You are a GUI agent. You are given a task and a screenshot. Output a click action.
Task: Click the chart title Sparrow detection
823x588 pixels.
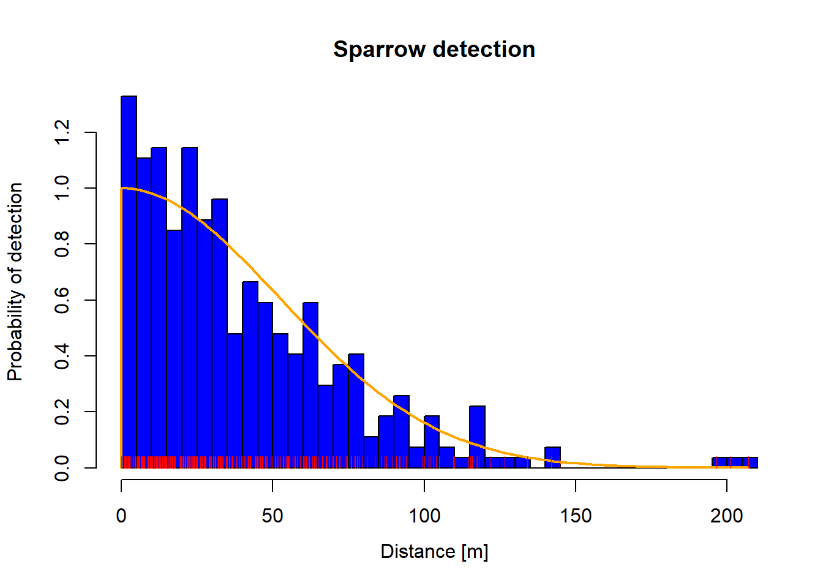point(434,50)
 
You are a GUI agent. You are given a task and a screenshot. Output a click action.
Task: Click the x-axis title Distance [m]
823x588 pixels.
point(434,551)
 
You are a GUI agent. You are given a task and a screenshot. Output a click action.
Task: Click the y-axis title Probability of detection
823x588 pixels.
point(15,282)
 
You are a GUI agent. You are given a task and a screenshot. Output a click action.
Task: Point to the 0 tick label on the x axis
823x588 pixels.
point(121,516)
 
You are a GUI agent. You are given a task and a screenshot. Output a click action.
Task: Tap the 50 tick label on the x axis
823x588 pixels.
point(272,516)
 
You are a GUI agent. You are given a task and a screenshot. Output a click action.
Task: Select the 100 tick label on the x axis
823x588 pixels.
point(424,516)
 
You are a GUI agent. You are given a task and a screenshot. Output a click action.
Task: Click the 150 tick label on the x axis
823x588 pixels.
point(576,516)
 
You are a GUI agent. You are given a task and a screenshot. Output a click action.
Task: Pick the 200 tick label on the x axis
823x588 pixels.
point(727,516)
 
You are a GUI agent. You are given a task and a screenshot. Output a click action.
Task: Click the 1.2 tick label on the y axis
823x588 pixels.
point(62,132)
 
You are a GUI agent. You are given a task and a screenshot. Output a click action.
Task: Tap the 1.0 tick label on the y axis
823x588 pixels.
point(62,188)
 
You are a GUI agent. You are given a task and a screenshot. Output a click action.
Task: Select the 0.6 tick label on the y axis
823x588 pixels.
point(62,300)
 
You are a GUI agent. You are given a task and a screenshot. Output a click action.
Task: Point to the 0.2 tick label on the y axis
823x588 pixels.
point(62,412)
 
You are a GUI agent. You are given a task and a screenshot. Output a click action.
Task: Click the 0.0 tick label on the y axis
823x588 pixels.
point(62,467)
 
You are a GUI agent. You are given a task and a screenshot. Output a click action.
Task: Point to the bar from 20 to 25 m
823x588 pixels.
point(189,306)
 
